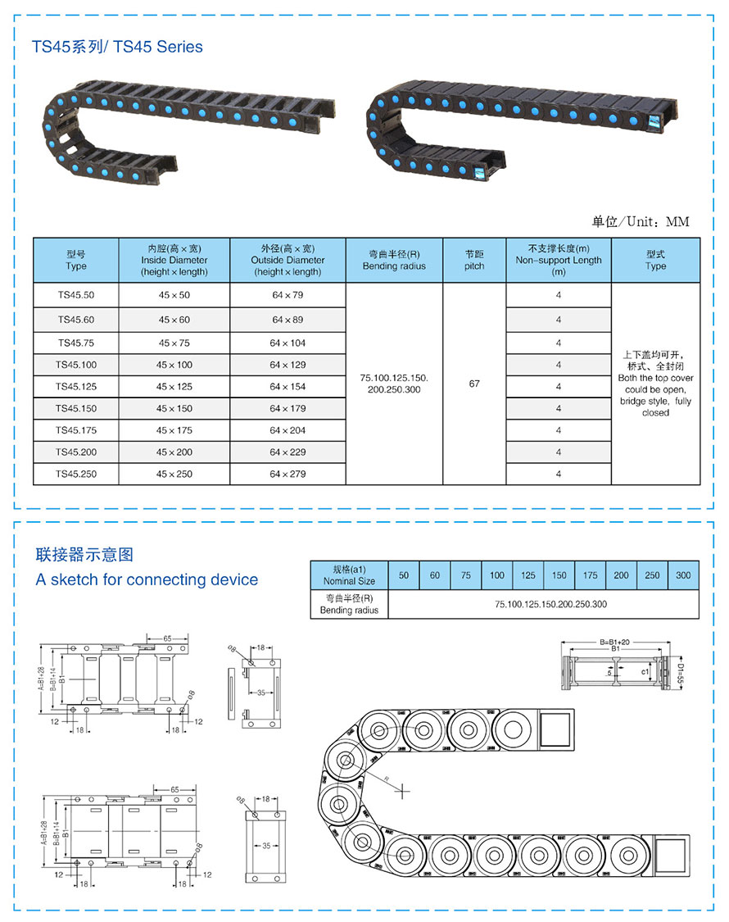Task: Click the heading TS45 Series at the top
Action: pos(117,47)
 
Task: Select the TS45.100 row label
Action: pos(76,365)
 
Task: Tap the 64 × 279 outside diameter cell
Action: pos(287,475)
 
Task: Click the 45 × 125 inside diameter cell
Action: pos(174,387)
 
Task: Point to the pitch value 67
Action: pos(474,384)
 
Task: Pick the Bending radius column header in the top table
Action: pos(394,260)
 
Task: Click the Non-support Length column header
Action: pos(559,260)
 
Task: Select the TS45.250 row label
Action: pos(76,475)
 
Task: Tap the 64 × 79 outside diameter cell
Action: pos(287,295)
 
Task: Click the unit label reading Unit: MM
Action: pos(641,222)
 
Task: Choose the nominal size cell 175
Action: pos(590,575)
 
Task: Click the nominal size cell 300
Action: pos(683,575)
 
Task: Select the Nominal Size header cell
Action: pos(349,575)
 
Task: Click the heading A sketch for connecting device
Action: pos(147,580)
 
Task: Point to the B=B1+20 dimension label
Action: pos(614,641)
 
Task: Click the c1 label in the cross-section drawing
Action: pos(645,672)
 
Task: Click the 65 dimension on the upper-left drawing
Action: pos(167,638)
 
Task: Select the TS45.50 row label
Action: pos(76,295)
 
